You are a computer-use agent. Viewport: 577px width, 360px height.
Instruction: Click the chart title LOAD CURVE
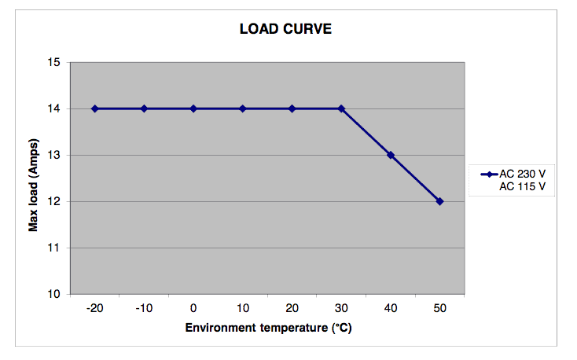(x=286, y=30)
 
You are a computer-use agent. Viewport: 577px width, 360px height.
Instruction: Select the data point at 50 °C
(x=439, y=201)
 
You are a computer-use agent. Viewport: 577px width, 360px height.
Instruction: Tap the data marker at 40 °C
(x=391, y=155)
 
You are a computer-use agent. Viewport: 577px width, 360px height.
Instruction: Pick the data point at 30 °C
(x=341, y=108)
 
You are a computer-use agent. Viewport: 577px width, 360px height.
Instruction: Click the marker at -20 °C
(x=95, y=108)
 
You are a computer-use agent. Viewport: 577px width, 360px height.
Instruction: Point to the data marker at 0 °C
(x=193, y=108)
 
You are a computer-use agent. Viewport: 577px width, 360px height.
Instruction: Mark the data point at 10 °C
(x=243, y=108)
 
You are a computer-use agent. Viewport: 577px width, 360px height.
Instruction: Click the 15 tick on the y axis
(x=55, y=62)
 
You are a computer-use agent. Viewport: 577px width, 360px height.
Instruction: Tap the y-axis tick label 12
(x=55, y=201)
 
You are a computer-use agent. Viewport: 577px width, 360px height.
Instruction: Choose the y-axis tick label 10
(x=55, y=294)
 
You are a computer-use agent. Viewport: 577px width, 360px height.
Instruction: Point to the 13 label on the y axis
(x=55, y=155)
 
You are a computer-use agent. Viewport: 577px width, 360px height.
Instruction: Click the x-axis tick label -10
(x=143, y=308)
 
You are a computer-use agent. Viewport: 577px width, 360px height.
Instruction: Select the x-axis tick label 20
(x=292, y=308)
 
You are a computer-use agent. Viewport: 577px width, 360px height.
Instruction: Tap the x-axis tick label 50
(x=439, y=308)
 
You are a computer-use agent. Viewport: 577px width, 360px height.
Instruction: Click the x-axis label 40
(x=391, y=308)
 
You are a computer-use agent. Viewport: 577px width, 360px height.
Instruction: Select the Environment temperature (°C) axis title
(x=267, y=327)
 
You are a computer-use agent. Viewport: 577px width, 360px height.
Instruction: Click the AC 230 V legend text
(x=523, y=174)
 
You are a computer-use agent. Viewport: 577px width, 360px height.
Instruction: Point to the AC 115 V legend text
(x=523, y=186)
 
